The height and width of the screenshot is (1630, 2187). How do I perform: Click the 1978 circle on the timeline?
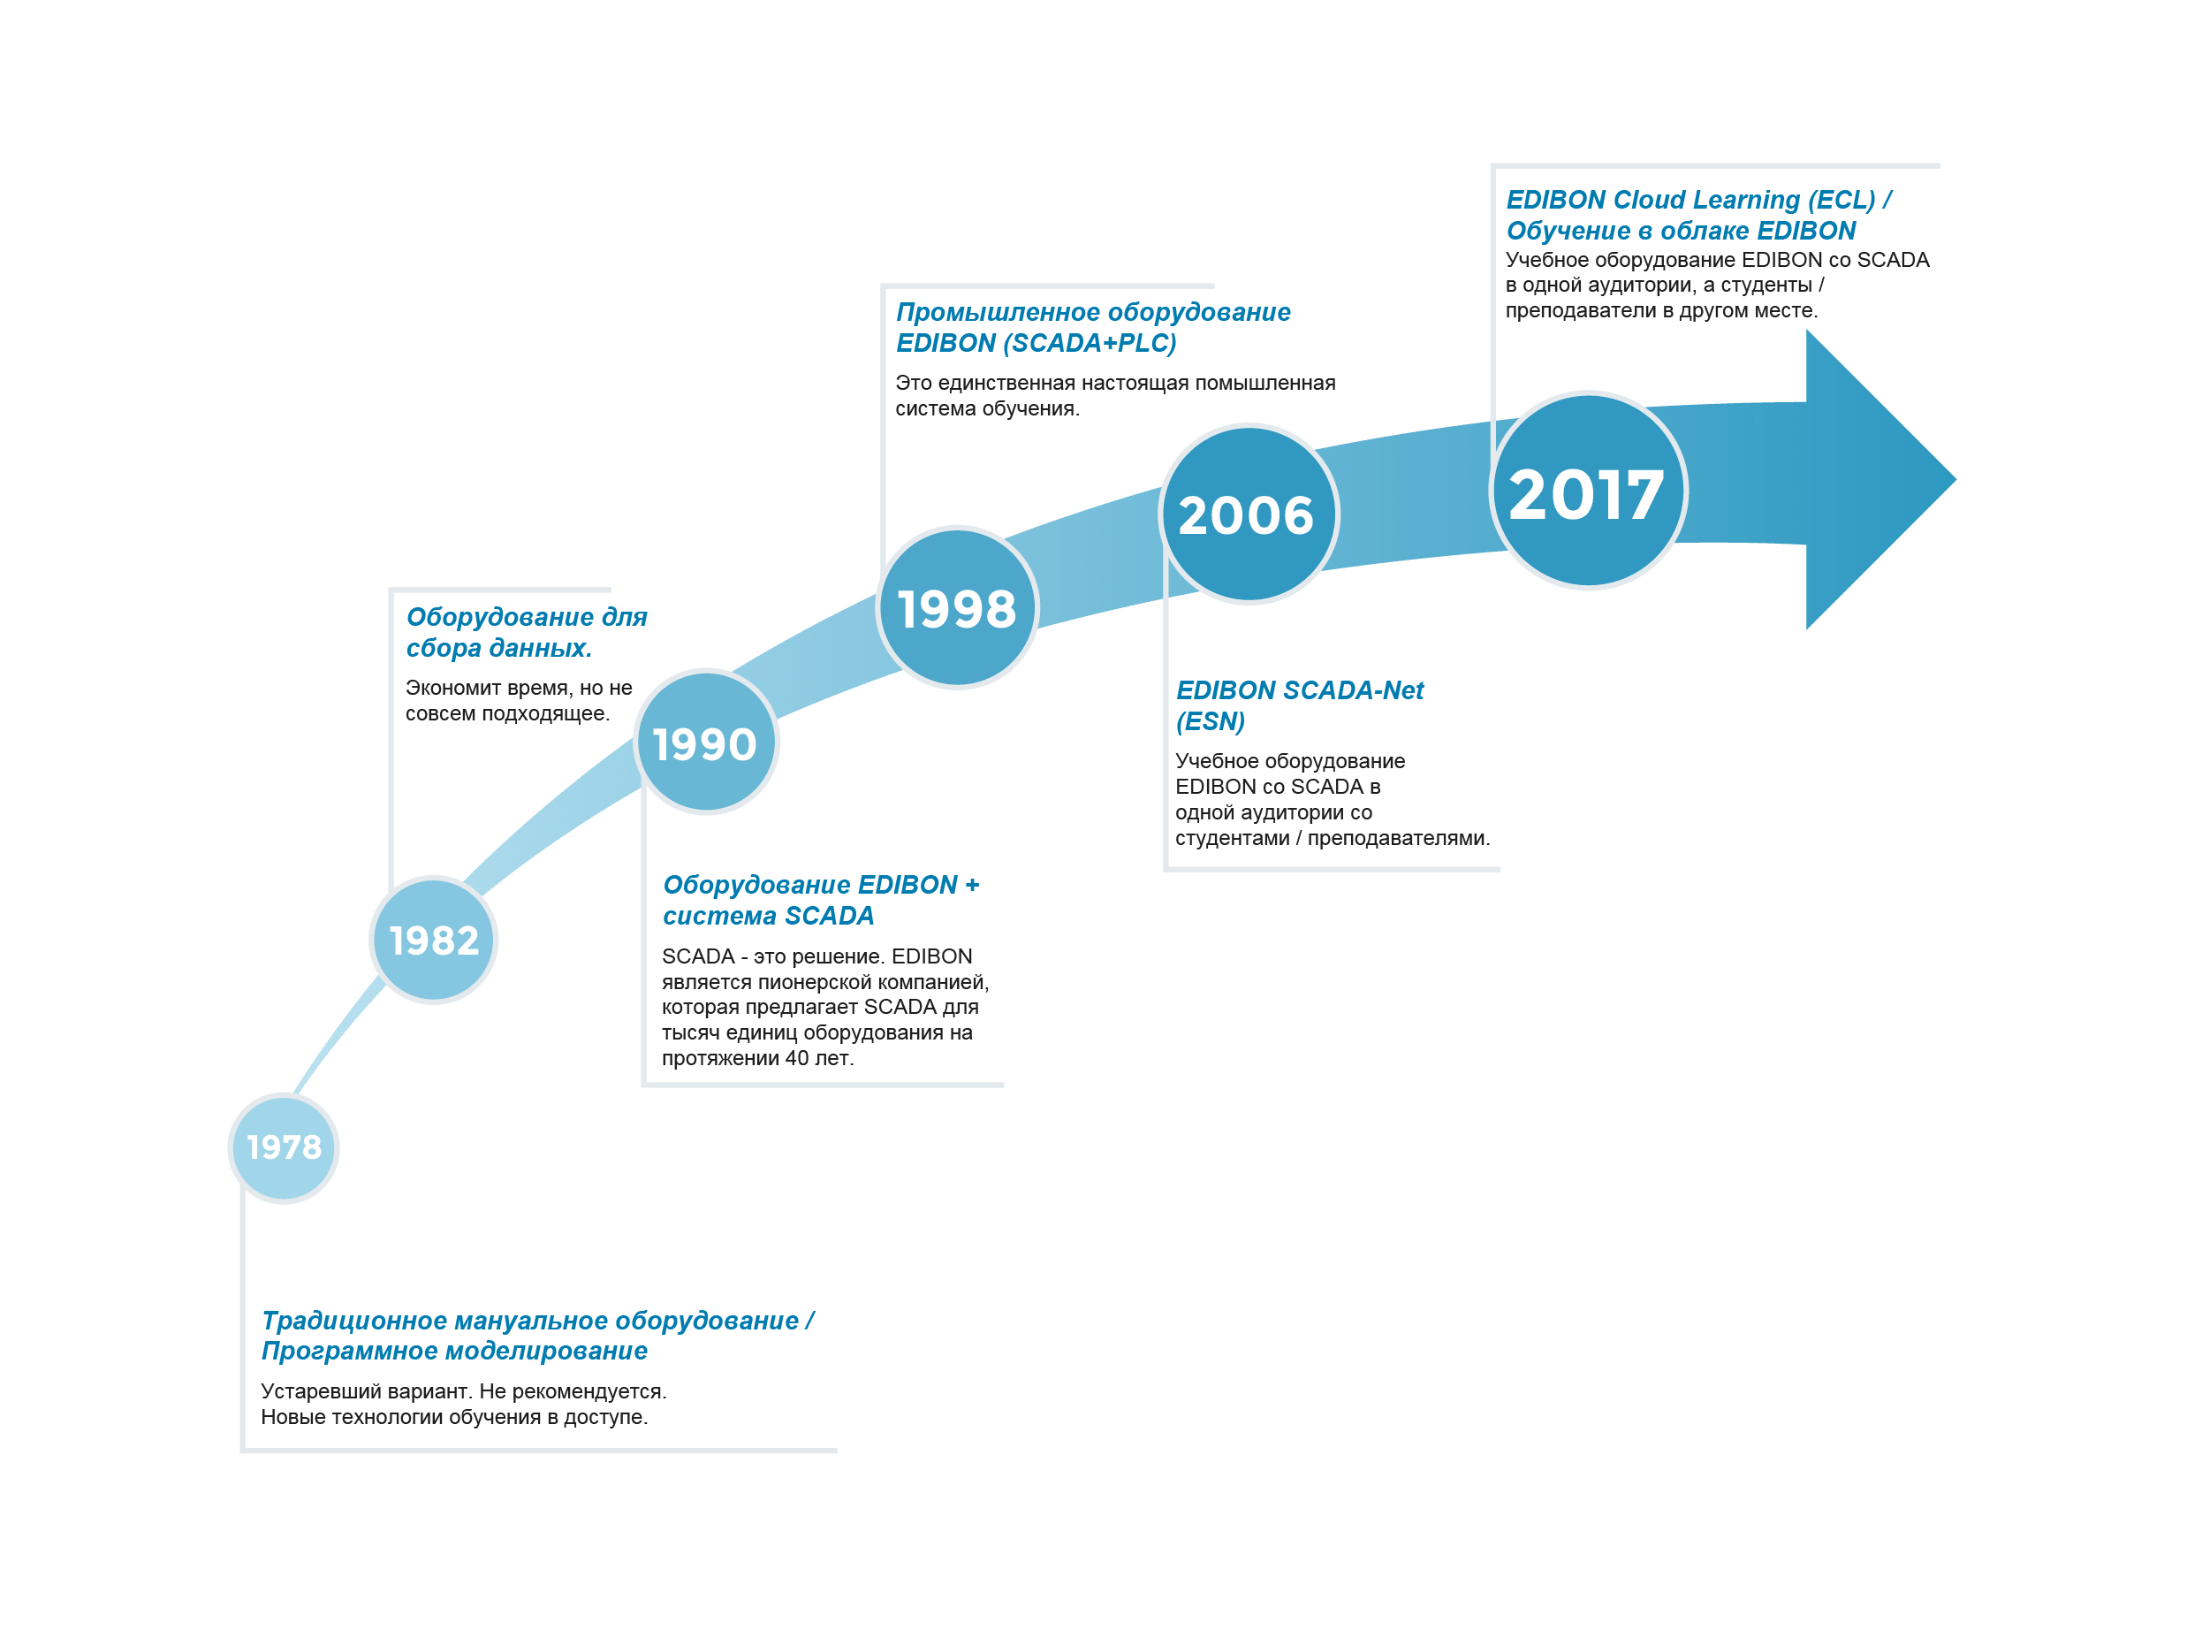285,1147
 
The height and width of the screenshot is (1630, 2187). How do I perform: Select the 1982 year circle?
434,940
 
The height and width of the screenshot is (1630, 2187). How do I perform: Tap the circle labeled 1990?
706,742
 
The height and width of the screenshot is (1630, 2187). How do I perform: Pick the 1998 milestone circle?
957,606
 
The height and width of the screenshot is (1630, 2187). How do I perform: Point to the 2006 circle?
1248,513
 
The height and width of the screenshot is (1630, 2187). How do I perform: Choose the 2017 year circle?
1588,491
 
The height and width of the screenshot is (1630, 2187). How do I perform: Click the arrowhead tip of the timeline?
1955,479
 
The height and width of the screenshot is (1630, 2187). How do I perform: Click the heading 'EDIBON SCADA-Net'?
1299,690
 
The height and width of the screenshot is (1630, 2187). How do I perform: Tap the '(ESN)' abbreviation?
1211,721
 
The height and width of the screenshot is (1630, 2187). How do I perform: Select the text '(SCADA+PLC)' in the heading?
1090,343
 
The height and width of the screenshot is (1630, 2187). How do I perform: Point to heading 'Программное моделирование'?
455,1351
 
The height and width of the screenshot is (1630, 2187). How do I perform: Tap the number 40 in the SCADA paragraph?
796,1058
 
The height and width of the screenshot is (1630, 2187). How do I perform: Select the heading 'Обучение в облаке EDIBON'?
1681,231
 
